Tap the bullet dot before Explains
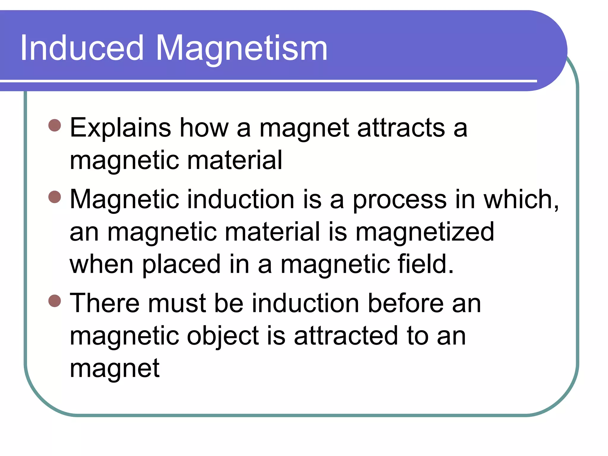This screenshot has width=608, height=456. (55, 125)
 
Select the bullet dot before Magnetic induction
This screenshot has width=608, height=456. (55, 197)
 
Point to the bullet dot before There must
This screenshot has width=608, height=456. (55, 301)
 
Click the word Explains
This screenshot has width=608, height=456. (120, 128)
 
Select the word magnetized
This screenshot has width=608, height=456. (425, 232)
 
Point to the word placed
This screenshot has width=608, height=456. (181, 265)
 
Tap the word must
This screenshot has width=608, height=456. (177, 304)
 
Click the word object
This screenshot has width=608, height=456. (223, 336)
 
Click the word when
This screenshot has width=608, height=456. (101, 264)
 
